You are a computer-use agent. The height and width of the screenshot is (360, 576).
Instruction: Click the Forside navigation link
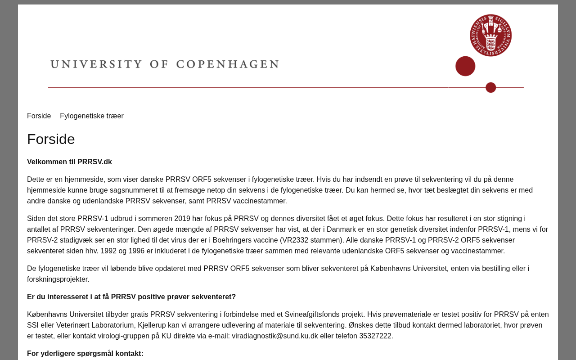39,116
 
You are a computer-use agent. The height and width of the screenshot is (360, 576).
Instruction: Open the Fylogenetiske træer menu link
92,116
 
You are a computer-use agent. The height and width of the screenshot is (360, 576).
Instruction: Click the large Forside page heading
51,139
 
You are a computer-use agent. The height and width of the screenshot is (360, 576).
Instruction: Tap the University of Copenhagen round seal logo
490,35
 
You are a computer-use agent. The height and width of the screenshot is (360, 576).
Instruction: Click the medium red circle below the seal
465,66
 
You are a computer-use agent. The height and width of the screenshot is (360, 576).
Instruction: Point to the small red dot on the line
490,87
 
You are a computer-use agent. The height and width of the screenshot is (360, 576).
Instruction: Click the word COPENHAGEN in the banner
227,64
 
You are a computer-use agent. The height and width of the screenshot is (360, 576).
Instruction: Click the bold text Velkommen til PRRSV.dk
69,162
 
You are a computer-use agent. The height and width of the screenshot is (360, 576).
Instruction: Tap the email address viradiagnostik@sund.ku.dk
274,336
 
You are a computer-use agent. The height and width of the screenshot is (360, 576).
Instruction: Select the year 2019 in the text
182,219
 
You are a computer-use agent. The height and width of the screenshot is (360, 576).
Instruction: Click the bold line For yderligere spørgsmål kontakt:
85,354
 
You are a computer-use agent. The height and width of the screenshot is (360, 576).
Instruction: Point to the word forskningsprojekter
57,279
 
